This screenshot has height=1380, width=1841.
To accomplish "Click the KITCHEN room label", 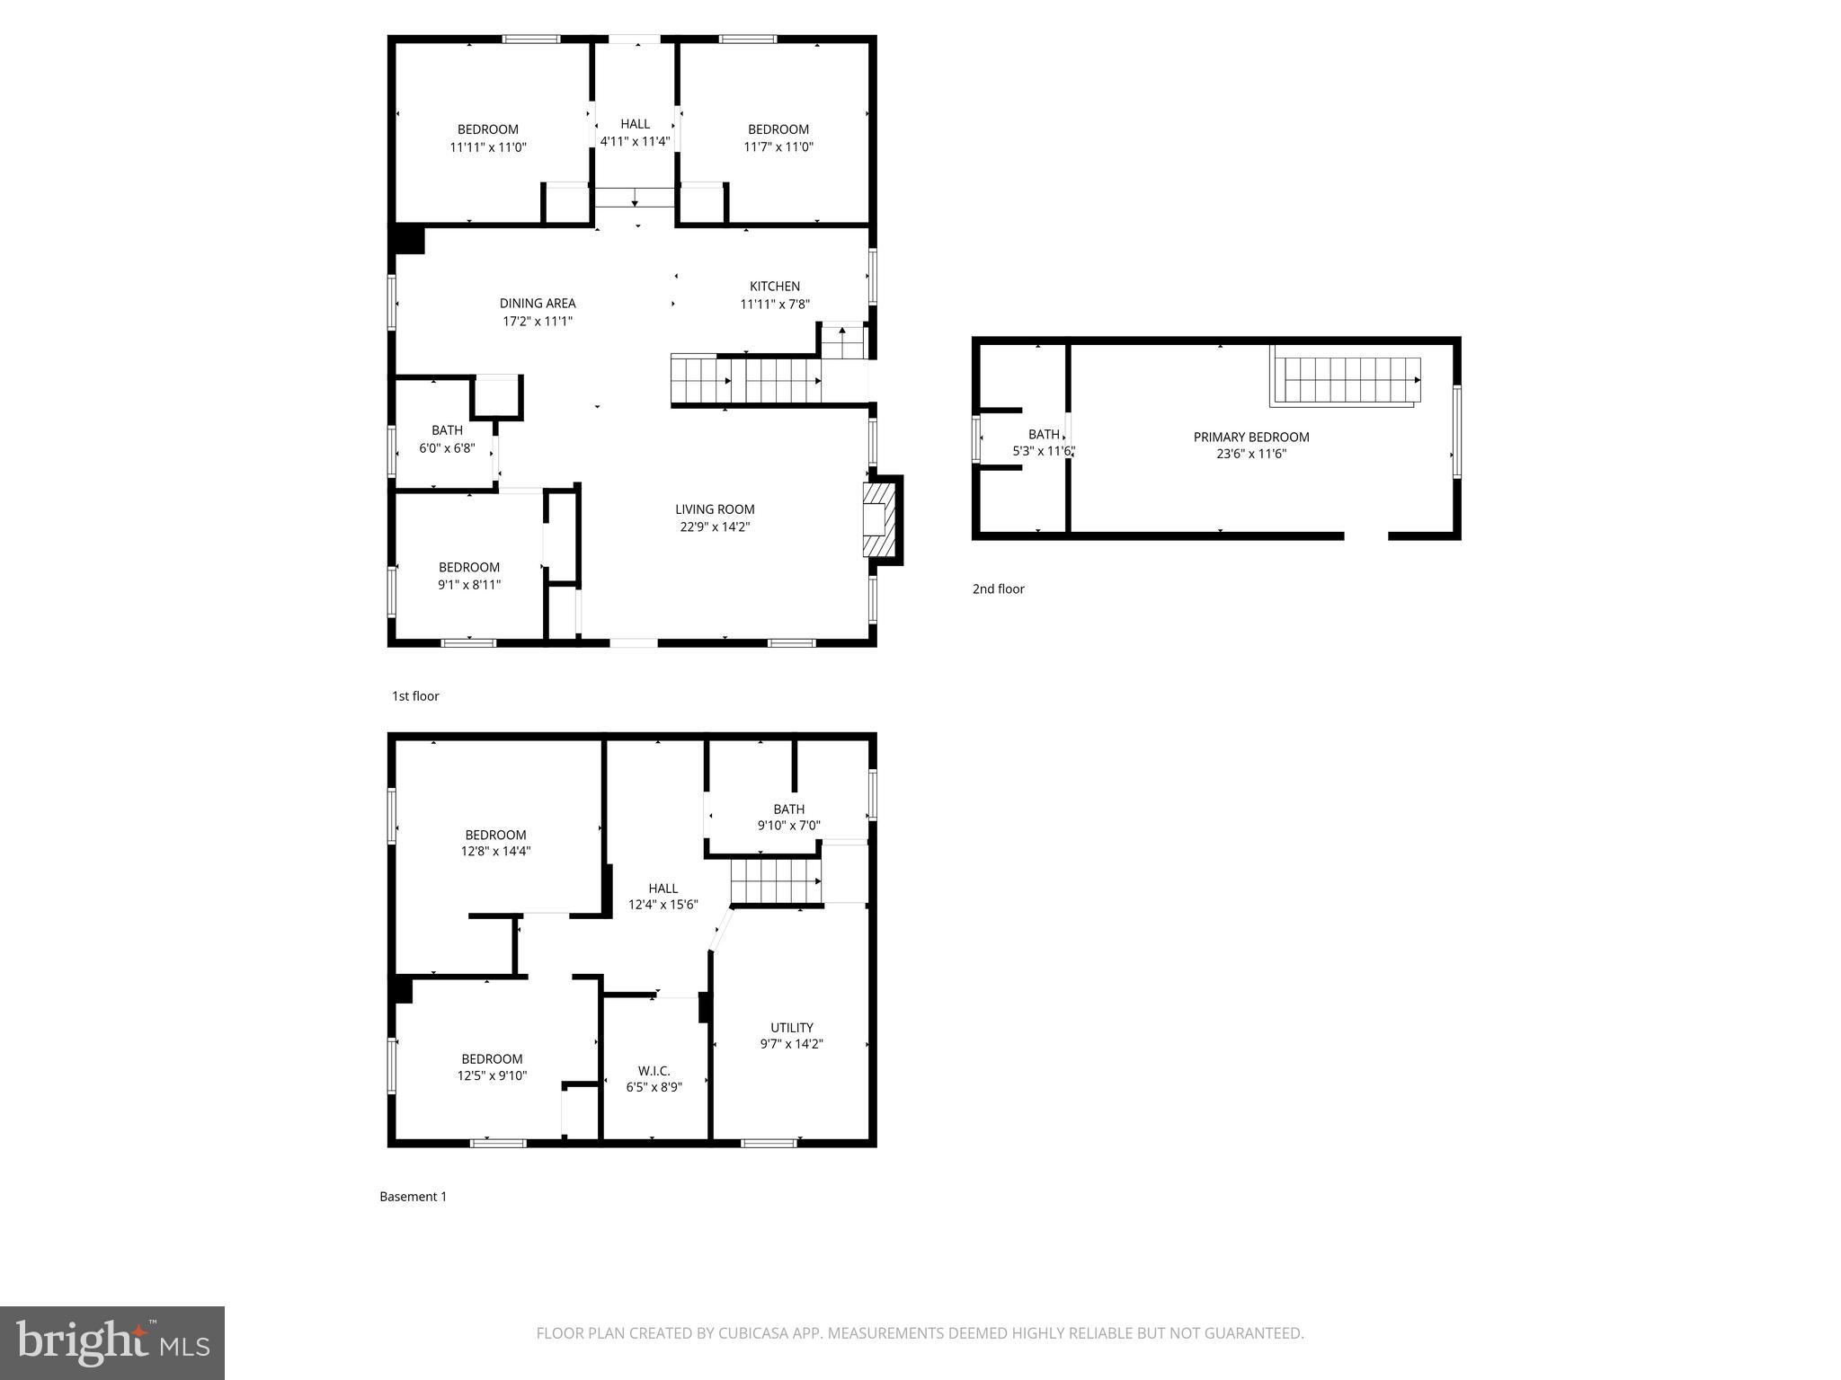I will tap(775, 287).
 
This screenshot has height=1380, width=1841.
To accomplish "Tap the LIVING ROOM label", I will tap(715, 509).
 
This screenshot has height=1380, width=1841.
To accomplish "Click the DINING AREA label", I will tap(538, 304).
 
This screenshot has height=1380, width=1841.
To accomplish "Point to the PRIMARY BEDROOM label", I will tap(1251, 438).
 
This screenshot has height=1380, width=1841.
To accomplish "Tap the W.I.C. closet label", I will tap(654, 1071).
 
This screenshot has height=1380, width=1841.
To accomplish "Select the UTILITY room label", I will tap(791, 1028).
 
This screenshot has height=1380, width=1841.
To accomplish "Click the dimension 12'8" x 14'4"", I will tap(495, 852).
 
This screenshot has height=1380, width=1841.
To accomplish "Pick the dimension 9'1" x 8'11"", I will tap(469, 585).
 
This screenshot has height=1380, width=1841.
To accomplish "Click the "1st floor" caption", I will tap(415, 696).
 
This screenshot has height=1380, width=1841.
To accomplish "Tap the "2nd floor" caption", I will tap(998, 589).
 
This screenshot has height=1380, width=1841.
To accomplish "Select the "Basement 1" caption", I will tap(413, 1197).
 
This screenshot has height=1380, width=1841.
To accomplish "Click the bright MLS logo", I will tap(112, 1343).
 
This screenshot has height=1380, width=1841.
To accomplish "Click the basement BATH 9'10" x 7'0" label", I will tap(788, 817).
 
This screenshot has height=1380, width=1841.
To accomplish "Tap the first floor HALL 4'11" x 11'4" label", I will tap(635, 132).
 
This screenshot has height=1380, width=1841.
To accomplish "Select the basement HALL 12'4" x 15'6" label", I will tap(663, 897).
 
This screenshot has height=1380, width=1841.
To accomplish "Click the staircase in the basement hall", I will tap(775, 880).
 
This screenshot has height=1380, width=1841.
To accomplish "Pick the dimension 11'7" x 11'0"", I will tap(778, 147).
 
